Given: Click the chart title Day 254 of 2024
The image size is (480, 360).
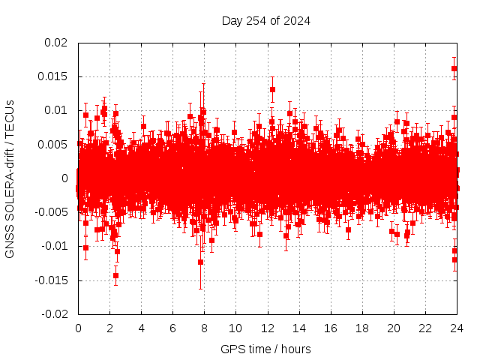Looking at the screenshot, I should (266, 20).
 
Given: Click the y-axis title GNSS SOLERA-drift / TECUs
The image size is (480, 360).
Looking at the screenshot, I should (10, 178).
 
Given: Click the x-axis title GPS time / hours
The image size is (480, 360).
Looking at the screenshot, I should (265, 349).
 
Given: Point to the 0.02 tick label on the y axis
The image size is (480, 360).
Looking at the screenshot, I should (56, 43).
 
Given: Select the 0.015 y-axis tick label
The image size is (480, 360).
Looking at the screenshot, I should (53, 76).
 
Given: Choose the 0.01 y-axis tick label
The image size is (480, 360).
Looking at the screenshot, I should (56, 110).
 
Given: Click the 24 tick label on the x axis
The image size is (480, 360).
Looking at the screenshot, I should (457, 328).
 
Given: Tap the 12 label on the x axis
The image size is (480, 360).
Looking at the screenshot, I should (268, 328).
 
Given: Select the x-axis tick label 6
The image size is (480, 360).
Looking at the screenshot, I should (172, 328).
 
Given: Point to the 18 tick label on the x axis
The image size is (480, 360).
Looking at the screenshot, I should (362, 328).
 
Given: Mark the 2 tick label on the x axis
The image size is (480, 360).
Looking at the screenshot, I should (109, 328).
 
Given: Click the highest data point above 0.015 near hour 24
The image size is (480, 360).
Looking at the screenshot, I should (454, 69).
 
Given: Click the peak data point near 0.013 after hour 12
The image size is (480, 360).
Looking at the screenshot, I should (272, 89).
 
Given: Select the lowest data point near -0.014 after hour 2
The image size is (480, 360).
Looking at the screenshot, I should (115, 275).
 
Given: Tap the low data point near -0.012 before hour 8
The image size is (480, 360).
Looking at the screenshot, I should (200, 262).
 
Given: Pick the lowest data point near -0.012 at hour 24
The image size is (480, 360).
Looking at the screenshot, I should (455, 259).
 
